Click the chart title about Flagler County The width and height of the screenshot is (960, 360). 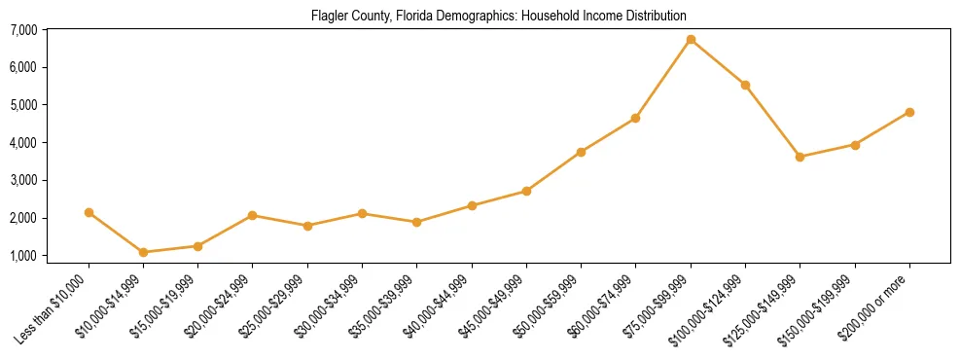click(498, 16)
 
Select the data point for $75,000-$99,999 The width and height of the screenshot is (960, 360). click(691, 40)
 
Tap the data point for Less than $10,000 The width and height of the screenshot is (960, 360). click(89, 212)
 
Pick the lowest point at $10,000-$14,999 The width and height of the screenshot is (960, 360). click(143, 252)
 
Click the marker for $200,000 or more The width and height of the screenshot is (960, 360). click(909, 112)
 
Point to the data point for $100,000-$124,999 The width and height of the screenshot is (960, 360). click(745, 85)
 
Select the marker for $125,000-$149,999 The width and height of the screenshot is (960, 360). click(800, 157)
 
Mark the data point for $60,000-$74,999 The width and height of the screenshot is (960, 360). click(635, 118)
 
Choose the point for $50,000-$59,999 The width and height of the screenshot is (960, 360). click(581, 152)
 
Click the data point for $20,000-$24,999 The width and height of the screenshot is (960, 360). click(253, 215)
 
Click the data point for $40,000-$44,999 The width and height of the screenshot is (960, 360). click(472, 205)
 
